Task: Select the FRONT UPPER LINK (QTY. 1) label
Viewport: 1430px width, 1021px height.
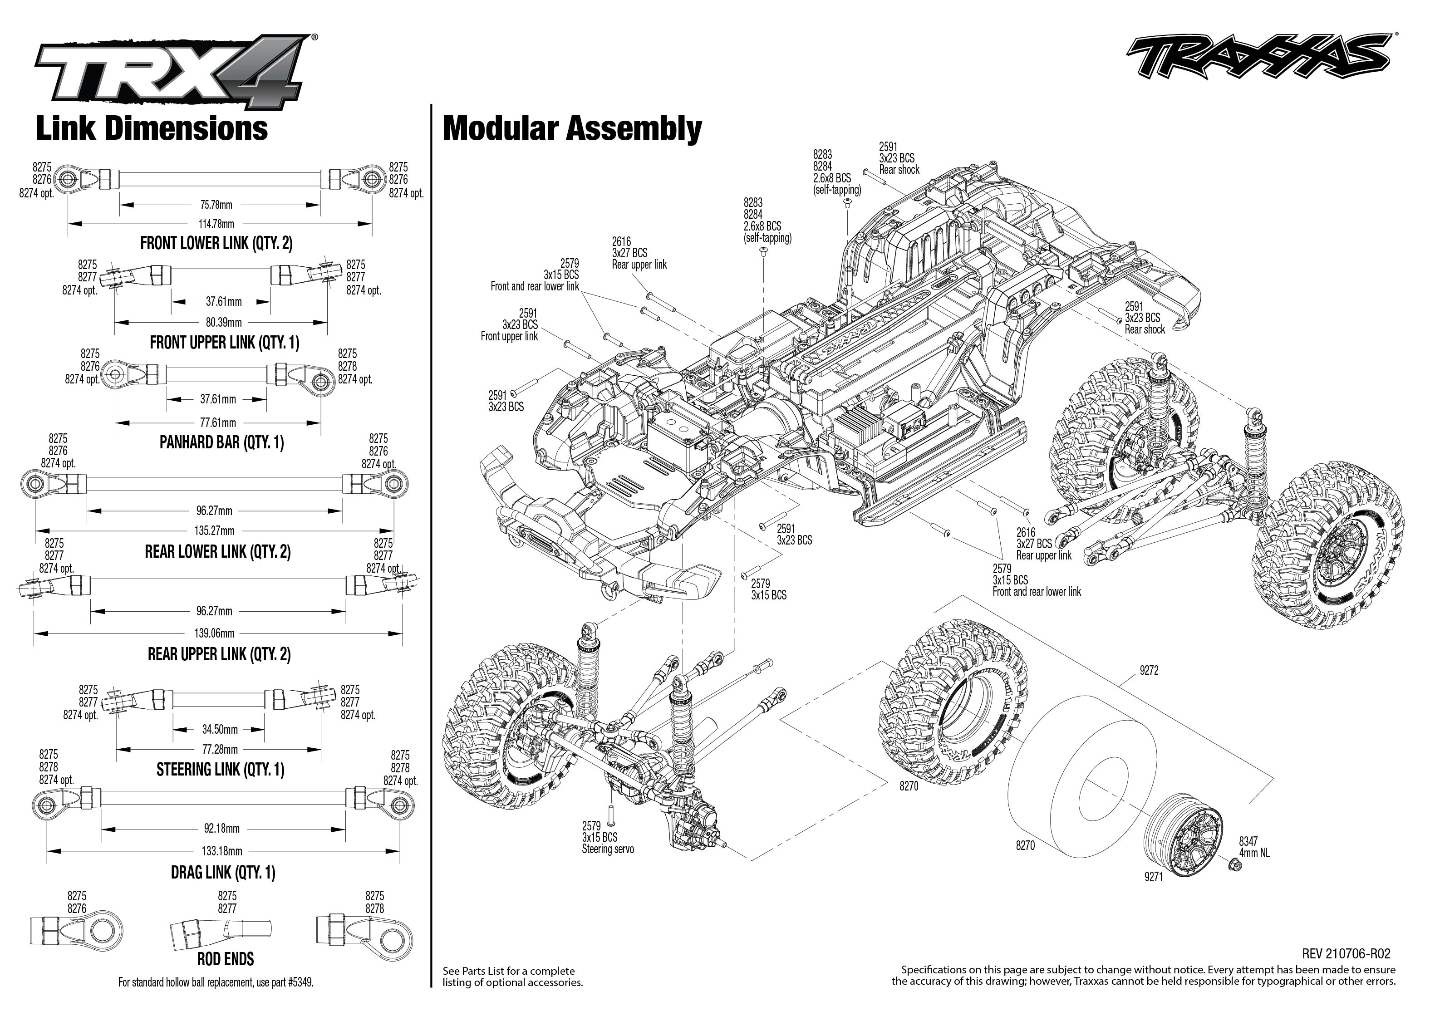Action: [x=224, y=343]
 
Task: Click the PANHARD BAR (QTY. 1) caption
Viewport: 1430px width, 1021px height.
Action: [x=221, y=442]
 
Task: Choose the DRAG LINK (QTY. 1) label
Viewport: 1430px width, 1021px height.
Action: [x=223, y=873]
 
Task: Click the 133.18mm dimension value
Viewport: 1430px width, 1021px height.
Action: [x=222, y=851]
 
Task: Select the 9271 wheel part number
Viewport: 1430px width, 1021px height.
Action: [x=1154, y=876]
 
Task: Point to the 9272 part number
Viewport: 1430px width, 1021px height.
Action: [x=1148, y=671]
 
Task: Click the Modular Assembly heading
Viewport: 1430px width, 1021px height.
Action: [x=572, y=128]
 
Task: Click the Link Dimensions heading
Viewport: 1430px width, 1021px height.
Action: [x=152, y=128]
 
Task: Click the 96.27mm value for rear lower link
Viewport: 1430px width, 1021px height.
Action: [x=214, y=510]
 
